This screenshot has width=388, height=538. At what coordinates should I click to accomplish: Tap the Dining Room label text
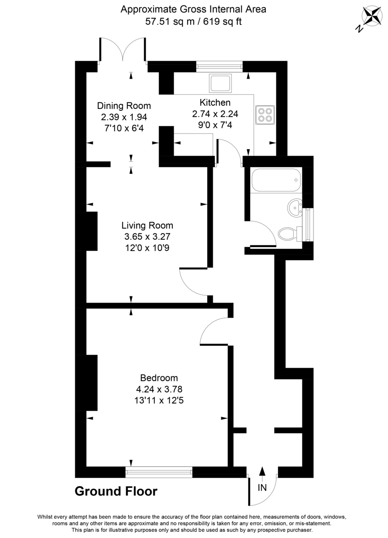pos(124,106)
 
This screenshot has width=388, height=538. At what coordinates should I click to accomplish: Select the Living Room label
pos(147,226)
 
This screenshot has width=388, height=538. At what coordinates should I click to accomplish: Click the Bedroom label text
pos(159,377)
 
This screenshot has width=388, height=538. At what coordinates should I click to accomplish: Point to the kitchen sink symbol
pos(220,82)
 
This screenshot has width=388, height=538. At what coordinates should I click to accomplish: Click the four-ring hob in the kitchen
pos(265,114)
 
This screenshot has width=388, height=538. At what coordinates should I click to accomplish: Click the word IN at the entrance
pos(262,488)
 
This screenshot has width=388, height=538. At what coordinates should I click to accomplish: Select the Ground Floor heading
pos(116,491)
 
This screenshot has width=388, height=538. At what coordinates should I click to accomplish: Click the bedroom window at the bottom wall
pos(159,472)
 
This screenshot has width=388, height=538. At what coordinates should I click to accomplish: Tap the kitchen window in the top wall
pos(219,66)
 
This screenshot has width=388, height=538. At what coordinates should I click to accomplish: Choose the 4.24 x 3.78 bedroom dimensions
pos(159,389)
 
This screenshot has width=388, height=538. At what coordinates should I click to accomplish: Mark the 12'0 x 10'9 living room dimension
pos(147,247)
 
